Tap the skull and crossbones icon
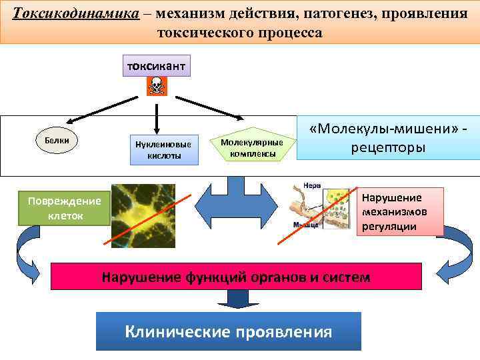tap(156, 85)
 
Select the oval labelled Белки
tap(57, 141)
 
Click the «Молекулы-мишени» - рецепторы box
tap(388, 139)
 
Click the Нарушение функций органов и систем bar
tap(236, 277)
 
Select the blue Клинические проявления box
tap(228, 331)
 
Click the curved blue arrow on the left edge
tap(30, 253)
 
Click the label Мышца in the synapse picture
tap(305, 225)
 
